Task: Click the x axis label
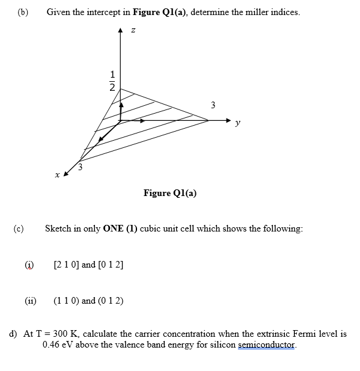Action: pos(56,175)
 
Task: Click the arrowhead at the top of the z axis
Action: pos(121,29)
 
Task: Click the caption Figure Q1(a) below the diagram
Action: pos(170,193)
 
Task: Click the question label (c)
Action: pos(20,228)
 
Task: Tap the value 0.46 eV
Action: pos(58,345)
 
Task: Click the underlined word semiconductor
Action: pos(267,345)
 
